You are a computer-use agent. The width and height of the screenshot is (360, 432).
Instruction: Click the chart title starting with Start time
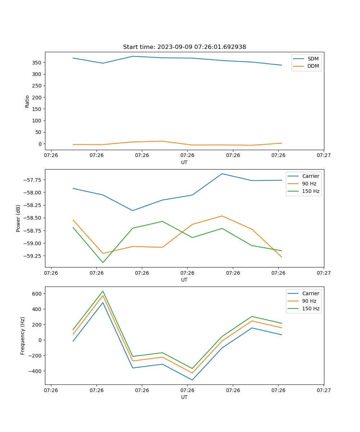tap(184, 47)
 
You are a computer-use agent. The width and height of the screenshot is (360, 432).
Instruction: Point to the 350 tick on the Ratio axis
tap(37, 63)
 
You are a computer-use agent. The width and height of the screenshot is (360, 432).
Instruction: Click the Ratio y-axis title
tap(27, 101)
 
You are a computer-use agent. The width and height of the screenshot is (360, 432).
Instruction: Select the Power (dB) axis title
tap(18, 218)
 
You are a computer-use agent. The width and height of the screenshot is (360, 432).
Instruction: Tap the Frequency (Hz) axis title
tap(23, 336)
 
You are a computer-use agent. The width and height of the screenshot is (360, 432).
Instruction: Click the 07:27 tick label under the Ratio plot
tap(324, 156)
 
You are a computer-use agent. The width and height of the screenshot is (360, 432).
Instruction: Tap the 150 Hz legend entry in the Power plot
tap(310, 191)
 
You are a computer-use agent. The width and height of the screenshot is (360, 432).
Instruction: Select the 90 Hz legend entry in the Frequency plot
tap(309, 301)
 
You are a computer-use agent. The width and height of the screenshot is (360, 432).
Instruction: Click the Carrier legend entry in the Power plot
tap(310, 176)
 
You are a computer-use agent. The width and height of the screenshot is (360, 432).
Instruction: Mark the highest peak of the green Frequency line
tap(103, 291)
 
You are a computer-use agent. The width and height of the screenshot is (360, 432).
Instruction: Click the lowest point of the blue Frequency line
tap(192, 380)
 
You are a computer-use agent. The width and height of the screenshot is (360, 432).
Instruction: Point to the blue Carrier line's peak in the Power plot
tap(222, 174)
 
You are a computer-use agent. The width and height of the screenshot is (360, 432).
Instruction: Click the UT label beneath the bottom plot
tap(184, 397)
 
